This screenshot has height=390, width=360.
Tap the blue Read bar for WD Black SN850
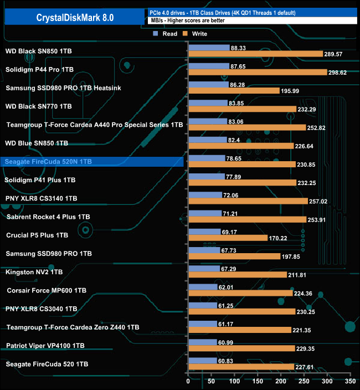pos(209,48)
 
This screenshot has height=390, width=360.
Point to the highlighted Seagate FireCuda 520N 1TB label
pos(48,162)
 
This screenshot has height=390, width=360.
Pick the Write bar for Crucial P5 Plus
pos(228,238)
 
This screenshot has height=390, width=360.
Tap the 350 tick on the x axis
pos(349,382)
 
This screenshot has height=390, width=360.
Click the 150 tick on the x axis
pos(258,382)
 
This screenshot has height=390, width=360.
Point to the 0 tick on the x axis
pos(188,382)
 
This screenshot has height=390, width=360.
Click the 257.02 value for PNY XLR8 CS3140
pos(318,202)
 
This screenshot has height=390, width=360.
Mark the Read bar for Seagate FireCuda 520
pos(203,361)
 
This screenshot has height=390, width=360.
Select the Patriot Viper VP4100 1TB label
pos(45,346)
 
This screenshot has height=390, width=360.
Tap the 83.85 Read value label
pos(238,103)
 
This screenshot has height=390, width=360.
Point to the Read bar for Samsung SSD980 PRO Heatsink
pos(208,85)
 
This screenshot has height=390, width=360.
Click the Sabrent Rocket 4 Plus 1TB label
pos(47,217)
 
